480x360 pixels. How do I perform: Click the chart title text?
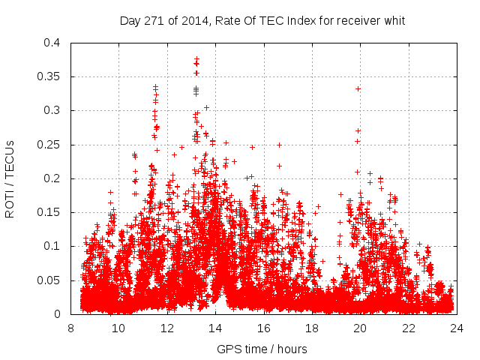coord(262,21)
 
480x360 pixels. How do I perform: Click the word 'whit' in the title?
coord(393,21)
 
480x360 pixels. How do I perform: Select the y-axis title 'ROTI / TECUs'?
coord(10,178)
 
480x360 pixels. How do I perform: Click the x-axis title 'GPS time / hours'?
coord(262,349)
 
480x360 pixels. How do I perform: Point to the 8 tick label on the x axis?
coord(70,327)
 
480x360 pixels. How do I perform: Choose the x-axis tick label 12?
coord(166,327)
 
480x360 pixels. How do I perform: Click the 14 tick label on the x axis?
coord(215,327)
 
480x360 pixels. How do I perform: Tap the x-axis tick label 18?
coord(312,327)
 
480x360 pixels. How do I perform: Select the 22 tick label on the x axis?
coord(409,327)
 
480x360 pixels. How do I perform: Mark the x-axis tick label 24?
coord(457,327)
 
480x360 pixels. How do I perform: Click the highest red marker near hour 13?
coord(196,58)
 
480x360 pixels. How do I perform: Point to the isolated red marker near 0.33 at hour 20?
coord(358,88)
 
